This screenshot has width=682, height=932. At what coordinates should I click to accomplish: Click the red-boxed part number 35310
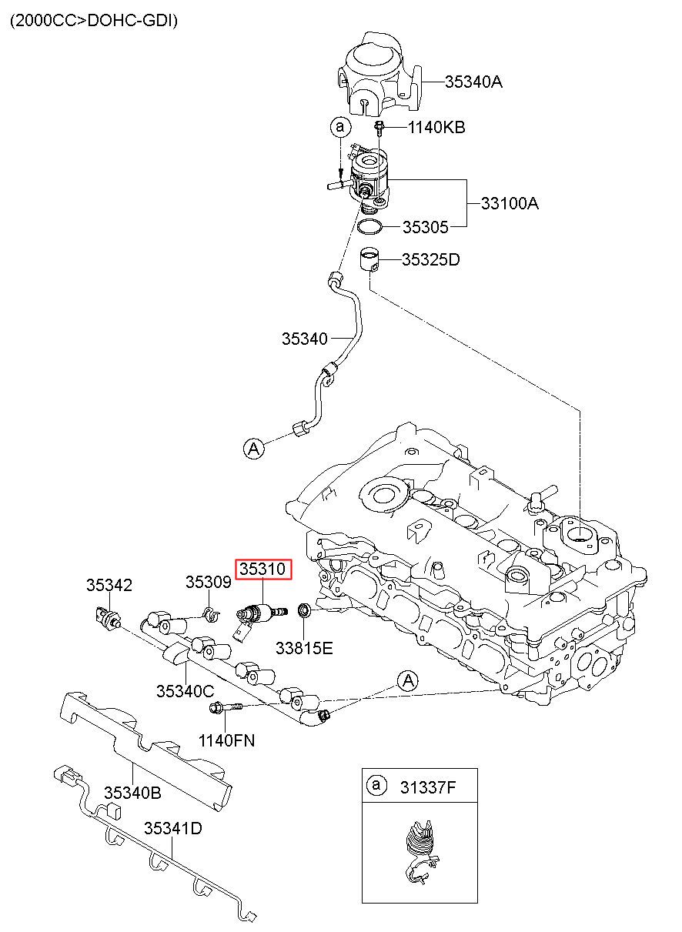pos(263,569)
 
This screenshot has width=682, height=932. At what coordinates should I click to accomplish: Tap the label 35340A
pos(473,82)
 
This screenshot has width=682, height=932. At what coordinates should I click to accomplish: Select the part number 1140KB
pos(436,127)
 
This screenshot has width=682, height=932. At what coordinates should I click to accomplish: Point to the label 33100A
pos(510,203)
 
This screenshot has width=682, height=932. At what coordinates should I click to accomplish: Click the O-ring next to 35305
pos(369,227)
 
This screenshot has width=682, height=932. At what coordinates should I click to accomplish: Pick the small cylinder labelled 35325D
pos(369,260)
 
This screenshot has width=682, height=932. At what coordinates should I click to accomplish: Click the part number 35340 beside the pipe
pos(305,339)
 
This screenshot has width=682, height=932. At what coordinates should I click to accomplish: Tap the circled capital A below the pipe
pos(254,449)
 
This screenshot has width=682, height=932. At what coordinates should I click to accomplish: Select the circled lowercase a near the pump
pos(340,126)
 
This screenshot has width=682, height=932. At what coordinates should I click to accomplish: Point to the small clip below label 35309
pos(211,614)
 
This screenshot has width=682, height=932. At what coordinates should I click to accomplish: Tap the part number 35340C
pos(186,691)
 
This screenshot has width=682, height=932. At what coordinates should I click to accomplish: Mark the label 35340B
pos(132,793)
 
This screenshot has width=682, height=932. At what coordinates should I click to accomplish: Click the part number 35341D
pos(173,828)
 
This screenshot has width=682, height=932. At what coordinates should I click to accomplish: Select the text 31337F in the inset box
pos(428,787)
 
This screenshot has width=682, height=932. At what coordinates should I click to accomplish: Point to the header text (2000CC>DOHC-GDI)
pos(94,21)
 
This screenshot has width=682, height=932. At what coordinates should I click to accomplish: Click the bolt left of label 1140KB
pos(379,129)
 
